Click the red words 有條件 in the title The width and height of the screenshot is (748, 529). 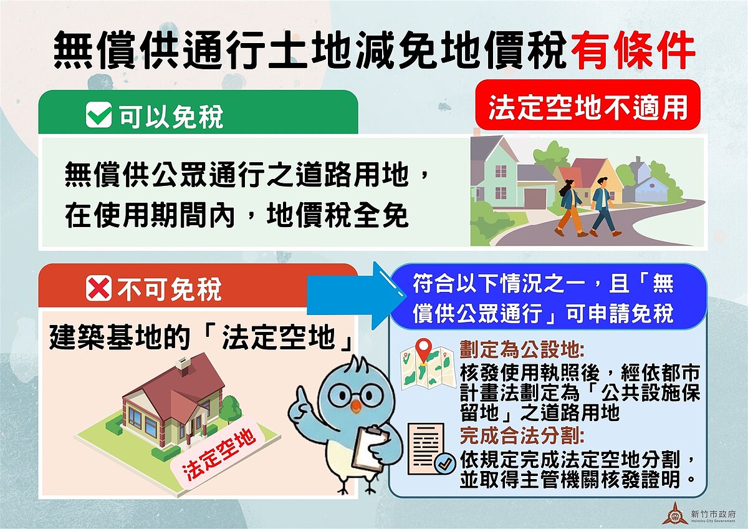(632, 49)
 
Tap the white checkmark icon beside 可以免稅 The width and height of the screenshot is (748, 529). (98, 115)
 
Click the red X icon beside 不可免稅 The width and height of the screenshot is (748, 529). (98, 289)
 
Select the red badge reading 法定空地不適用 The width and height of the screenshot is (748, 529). (588, 107)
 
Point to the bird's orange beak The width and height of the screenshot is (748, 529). (355, 406)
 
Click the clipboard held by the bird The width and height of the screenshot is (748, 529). (368, 447)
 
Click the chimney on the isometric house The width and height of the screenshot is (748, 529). (183, 365)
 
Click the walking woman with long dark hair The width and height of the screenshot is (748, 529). (569, 206)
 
